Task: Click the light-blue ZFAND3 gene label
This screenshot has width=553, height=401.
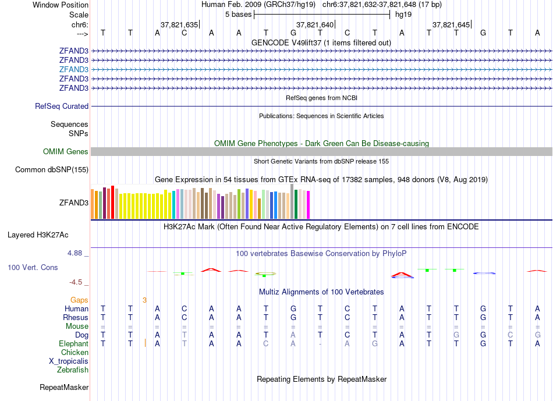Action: coord(74,69)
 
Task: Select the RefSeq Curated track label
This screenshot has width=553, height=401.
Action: coord(62,107)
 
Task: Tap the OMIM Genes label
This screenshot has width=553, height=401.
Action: coord(66,152)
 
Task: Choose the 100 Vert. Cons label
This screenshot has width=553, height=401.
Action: coord(33,268)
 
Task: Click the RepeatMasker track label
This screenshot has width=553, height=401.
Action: coord(64,388)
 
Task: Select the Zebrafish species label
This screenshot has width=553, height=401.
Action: coord(73,370)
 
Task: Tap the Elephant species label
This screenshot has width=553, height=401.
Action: coord(73,344)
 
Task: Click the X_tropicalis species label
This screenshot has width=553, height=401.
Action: coord(69,361)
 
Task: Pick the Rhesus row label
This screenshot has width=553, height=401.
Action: coord(76,318)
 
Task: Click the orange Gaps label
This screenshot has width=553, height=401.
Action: coord(80,300)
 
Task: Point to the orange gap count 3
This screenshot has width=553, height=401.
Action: coord(144,300)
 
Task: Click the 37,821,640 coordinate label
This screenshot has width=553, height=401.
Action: coord(315,25)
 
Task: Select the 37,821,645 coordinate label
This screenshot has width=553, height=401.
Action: coord(451,25)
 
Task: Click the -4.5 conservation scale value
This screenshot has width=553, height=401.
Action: coord(76,283)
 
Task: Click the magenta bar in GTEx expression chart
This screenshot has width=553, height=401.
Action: coord(309,205)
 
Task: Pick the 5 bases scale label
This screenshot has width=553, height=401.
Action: coord(238,14)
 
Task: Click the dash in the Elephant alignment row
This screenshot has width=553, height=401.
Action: coord(320,344)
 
